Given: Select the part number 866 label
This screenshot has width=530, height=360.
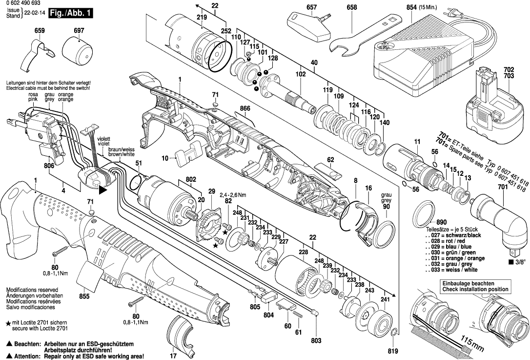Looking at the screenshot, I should point(245,108).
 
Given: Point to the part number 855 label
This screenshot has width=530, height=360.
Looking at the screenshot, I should point(84,296).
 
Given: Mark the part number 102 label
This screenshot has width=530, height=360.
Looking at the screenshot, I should point(300,74).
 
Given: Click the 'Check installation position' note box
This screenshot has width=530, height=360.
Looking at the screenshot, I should point(475,286).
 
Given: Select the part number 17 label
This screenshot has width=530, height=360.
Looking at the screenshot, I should point(173,356).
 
